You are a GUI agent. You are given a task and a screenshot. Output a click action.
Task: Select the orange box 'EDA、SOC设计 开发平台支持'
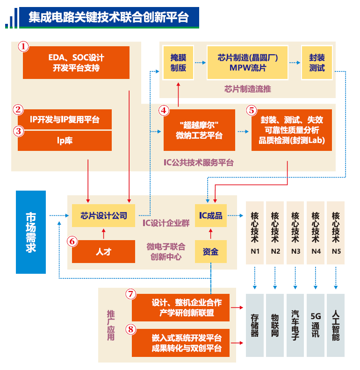(76, 63)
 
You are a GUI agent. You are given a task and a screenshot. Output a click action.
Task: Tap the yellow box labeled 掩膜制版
(178, 63)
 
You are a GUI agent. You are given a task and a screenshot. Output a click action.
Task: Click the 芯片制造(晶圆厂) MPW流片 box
(248, 63)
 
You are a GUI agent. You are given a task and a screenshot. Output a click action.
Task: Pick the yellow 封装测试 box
(317, 63)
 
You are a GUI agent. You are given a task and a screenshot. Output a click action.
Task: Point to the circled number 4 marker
(163, 110)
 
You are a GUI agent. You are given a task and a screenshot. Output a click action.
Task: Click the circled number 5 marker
(252, 110)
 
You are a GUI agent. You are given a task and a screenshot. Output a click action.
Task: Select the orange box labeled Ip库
(65, 141)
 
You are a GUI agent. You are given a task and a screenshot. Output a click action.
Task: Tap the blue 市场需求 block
(31, 232)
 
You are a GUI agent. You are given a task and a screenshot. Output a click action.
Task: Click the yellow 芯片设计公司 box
(103, 215)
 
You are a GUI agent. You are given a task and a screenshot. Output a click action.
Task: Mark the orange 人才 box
(103, 252)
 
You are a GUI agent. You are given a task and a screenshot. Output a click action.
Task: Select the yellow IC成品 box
(210, 215)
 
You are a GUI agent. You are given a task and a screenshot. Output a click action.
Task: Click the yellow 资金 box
(210, 252)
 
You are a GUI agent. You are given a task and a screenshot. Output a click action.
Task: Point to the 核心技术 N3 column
(295, 232)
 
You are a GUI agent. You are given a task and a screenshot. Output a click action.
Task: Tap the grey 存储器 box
(255, 325)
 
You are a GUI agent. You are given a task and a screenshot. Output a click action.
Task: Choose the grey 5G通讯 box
(316, 325)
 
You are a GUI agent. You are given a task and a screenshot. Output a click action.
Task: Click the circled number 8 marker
(131, 329)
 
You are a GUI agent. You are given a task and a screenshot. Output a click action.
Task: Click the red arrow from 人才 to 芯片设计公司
(103, 233)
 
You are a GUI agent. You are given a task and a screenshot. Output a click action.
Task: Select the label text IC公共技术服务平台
(198, 163)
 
